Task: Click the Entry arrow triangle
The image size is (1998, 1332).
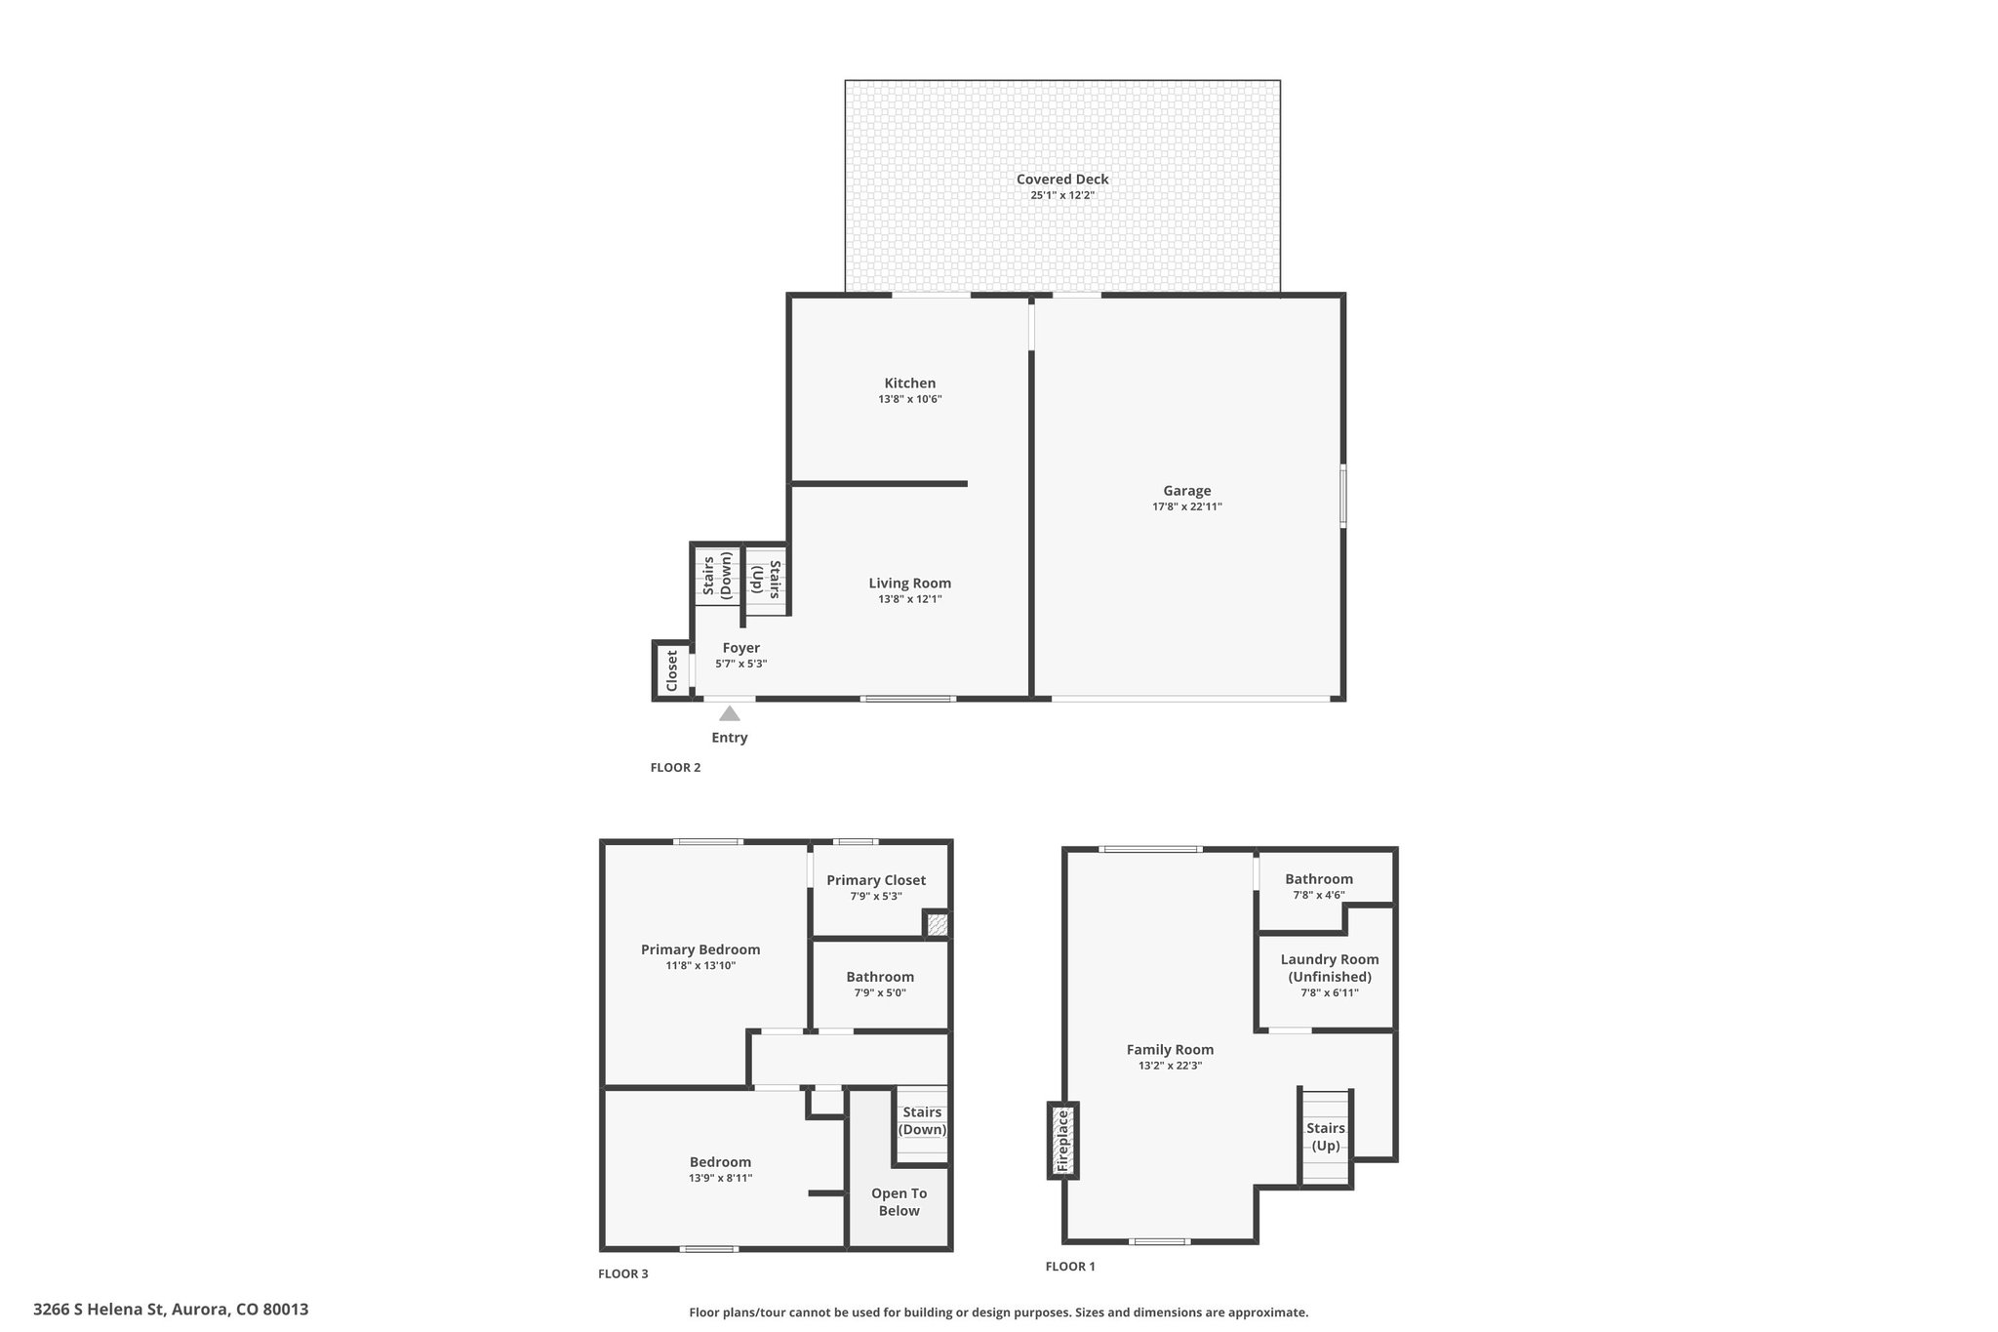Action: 730,713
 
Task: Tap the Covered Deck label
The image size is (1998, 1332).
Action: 1062,180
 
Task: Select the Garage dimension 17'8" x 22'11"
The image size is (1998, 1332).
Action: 1186,506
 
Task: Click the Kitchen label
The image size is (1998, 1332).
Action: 910,383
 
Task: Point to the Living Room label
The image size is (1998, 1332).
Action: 910,584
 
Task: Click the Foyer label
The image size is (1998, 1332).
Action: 741,648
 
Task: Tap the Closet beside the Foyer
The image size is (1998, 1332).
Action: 671,670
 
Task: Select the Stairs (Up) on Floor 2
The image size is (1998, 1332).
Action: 767,580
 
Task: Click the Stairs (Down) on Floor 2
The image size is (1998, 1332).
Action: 717,576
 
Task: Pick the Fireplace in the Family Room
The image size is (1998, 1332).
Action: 1063,1141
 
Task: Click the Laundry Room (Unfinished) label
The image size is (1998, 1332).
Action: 1329,968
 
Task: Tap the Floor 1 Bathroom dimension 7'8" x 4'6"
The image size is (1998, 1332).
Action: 1319,895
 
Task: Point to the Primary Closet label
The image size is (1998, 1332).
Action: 876,880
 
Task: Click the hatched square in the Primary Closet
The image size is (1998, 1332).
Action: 937,923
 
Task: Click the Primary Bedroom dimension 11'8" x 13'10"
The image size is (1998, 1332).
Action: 700,966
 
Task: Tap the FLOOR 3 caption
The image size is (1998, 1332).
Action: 622,1273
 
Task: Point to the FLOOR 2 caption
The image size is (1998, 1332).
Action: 675,767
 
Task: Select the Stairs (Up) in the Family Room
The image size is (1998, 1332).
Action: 1326,1137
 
